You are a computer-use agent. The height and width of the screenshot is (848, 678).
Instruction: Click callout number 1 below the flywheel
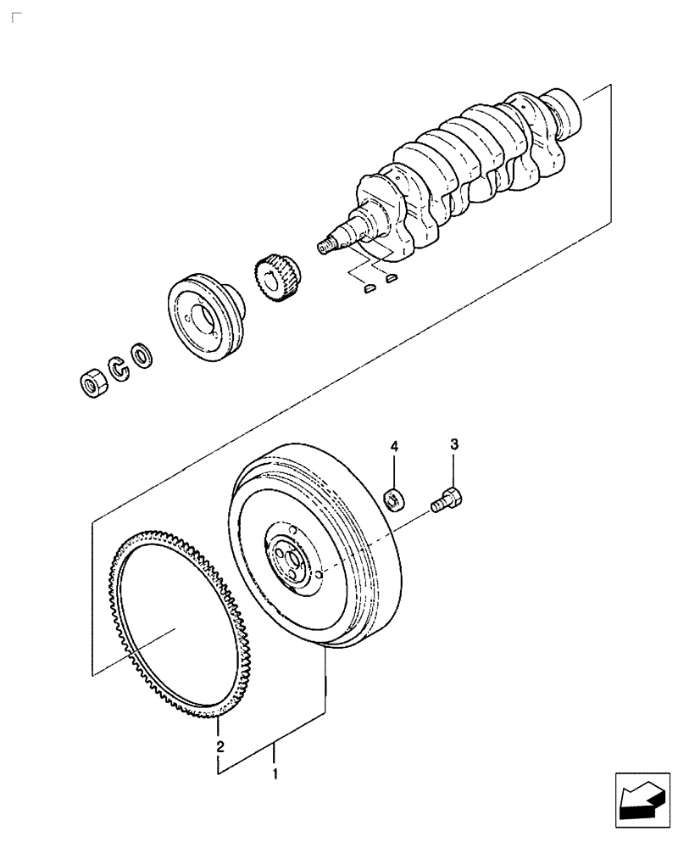[x=274, y=773]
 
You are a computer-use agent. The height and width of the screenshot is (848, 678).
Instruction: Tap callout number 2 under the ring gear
[x=220, y=746]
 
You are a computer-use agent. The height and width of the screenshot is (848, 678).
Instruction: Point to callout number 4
[x=393, y=445]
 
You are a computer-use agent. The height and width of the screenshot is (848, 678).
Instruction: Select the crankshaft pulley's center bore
[x=203, y=320]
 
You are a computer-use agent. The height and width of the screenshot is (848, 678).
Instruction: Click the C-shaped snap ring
[x=119, y=367]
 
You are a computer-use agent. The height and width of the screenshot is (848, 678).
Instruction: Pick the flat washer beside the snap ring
[x=142, y=353]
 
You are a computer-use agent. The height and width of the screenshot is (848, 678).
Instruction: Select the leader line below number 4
[x=393, y=471]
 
